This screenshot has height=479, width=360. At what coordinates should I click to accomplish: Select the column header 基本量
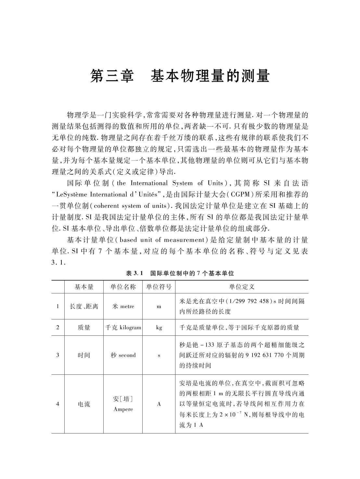(84, 287)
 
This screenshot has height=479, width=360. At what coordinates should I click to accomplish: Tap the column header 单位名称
(123, 287)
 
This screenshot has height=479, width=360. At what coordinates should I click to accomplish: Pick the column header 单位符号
(159, 287)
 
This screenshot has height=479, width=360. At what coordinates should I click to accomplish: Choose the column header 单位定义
(241, 287)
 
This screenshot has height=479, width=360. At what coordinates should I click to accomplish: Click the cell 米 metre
(123, 306)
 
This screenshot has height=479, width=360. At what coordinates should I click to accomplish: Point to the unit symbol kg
(159, 328)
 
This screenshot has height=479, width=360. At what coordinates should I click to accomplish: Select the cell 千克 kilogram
(123, 328)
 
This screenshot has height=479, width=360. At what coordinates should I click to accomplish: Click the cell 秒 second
(123, 355)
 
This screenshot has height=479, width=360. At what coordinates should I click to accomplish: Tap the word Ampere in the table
(123, 409)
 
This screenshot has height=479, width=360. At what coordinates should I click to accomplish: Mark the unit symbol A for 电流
(159, 404)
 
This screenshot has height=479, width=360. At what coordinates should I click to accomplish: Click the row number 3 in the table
(58, 355)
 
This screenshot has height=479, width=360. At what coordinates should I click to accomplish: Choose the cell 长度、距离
(84, 306)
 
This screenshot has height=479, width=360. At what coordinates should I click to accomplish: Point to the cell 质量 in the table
(84, 328)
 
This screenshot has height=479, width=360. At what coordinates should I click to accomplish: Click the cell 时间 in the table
(84, 355)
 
